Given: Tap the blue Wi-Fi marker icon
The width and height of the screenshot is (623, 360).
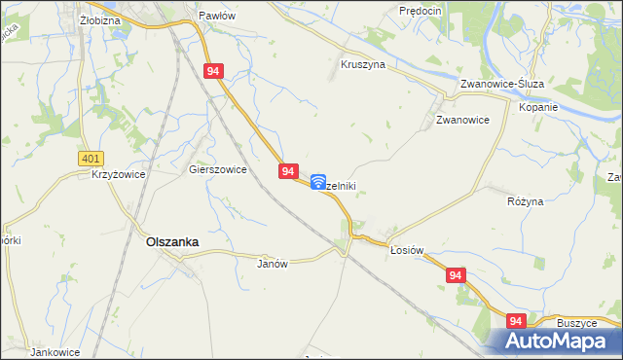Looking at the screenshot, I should click(318, 181).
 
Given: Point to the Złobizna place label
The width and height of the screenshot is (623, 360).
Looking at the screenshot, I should click(99, 18).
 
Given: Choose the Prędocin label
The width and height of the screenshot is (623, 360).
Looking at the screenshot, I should click(421, 10).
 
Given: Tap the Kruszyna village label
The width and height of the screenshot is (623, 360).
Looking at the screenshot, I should click(363, 64).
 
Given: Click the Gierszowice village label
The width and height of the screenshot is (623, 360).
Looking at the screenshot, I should click(217, 168).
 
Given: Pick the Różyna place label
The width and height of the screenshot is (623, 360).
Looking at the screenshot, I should click(525, 200).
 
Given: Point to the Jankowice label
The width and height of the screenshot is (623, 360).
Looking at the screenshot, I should click(54, 351).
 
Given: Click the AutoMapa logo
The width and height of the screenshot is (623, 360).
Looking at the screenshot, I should click(558, 341).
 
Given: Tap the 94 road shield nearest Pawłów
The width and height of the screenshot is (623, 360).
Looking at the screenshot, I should click(215, 71).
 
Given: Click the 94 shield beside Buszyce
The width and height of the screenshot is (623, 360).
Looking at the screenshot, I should click(516, 321).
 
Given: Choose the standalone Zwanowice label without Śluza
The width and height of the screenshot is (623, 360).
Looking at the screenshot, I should click(461, 121).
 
